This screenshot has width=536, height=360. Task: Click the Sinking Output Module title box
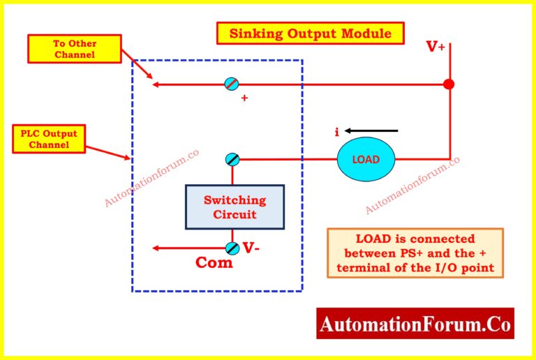[310, 33]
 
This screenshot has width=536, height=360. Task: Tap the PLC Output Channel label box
[49, 139]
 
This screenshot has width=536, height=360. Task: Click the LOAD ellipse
[366, 159]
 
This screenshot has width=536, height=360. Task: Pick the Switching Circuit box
[234, 207]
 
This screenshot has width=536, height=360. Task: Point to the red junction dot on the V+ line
[449, 84]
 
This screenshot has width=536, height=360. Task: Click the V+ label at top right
[436, 47]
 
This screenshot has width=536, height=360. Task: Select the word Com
[214, 263]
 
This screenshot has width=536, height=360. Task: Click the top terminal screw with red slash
[231, 84]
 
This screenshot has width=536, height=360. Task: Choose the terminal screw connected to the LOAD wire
[232, 159]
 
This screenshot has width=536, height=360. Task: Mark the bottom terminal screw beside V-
[232, 248]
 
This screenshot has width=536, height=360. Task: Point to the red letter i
[337, 132]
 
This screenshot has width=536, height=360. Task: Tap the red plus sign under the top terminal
[244, 98]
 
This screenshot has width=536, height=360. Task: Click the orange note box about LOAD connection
[415, 253]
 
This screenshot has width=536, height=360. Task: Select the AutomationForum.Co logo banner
[415, 324]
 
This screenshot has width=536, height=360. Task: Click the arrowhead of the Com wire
[157, 248]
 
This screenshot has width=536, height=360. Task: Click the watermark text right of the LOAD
[412, 185]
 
